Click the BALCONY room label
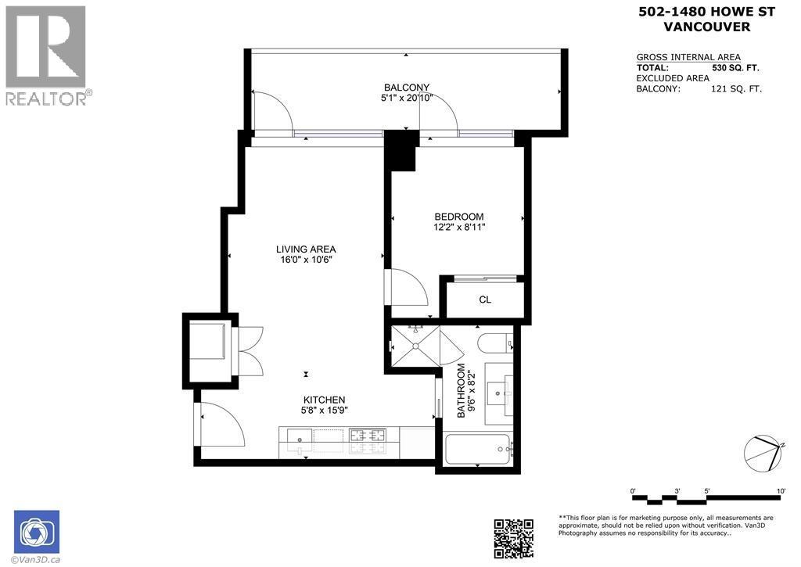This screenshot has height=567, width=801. [407, 88]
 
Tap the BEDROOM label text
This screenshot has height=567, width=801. [458, 217]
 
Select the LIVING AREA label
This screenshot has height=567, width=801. [306, 249]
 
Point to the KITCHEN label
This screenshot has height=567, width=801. [324, 400]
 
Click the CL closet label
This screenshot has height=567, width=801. [485, 300]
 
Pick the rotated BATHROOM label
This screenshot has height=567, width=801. [462, 391]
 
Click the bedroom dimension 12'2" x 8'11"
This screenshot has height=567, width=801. [458, 228]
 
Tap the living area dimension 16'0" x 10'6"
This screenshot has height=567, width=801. [306, 260]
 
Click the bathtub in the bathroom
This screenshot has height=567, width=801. [477, 449]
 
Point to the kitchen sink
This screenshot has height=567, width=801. [300, 439]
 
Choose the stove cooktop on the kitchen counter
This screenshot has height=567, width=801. [368, 436]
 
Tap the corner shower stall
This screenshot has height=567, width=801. [415, 346]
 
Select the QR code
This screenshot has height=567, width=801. [513, 538]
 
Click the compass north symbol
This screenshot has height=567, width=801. [763, 454]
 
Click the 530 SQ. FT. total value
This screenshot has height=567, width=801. [735, 67]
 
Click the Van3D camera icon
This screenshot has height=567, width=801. [37, 532]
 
